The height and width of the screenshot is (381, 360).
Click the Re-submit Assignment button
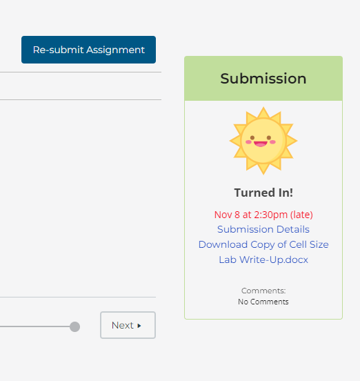pos(88,50)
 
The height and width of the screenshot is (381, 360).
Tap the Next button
pos(128,325)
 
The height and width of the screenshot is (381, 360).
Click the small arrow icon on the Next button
pos(139,326)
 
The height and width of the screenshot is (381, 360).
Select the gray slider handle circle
pos(74,326)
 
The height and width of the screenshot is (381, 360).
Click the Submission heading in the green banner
pos(263,79)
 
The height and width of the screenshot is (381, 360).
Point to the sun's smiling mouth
pos(261,144)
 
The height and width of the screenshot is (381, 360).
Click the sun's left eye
pos(252,138)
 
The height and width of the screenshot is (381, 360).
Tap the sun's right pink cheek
pos(273,142)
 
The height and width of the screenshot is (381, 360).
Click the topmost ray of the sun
pos(263,113)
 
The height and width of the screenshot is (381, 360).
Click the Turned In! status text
pos(263,193)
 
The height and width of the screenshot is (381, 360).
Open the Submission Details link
pos(263,229)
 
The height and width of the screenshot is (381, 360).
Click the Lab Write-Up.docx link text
pos(263,260)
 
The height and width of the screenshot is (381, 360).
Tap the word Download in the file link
pos(223,244)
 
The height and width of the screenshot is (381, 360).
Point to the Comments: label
pos(263,291)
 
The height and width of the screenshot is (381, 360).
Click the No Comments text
pos(263,302)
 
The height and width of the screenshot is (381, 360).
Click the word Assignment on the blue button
pos(116,50)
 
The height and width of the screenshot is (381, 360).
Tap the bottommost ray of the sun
pos(263,169)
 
